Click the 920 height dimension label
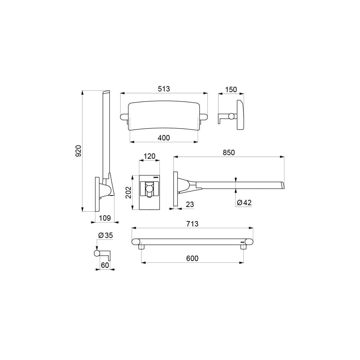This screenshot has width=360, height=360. click(78, 151)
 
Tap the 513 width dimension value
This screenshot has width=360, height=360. click(164, 89)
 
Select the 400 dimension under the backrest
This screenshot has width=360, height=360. click(164, 138)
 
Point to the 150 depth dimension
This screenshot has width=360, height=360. click(231, 90)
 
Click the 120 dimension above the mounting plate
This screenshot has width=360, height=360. click(149, 156)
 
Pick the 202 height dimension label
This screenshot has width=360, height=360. click(129, 192)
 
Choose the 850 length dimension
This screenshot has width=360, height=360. click(229, 153)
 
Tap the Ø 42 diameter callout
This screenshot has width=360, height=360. click(244, 202)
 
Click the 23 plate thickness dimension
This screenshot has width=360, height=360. click(190, 204)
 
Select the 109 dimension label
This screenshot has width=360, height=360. click(105, 218)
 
